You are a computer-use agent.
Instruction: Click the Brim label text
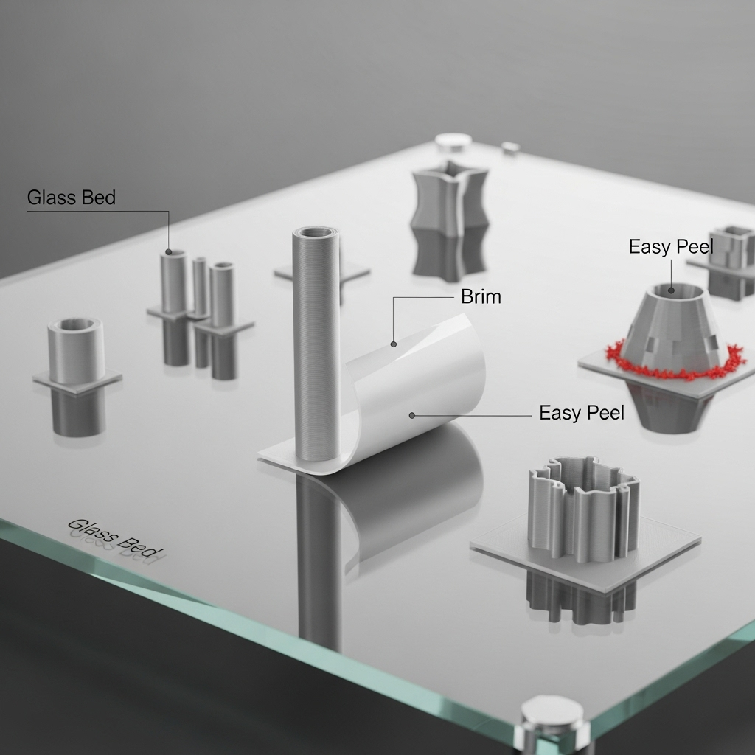481,296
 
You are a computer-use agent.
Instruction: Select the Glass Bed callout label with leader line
72,198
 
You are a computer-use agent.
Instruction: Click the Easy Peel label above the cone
670,247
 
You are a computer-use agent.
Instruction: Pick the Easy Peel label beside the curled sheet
581,413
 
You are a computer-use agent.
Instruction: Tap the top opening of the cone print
672,292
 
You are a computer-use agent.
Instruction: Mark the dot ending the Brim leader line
394,344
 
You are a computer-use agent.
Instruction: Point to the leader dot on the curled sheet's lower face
412,416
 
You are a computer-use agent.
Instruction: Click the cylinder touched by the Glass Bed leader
174,280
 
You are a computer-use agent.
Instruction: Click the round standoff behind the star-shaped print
453,142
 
